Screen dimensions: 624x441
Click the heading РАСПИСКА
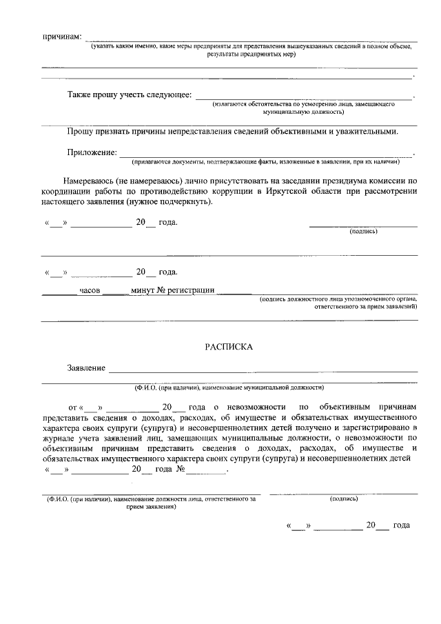tap(229, 348)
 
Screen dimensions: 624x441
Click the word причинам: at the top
tap(62, 36)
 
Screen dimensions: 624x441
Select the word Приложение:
tap(92, 152)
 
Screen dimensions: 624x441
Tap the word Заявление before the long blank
tap(86, 368)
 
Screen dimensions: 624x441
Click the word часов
tap(90, 290)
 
